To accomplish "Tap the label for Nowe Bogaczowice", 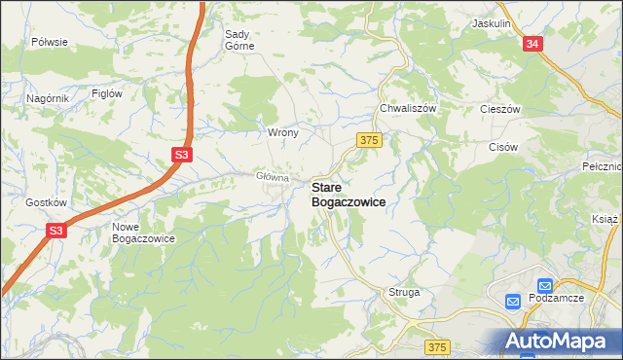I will [142, 232].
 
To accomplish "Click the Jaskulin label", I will [492, 22].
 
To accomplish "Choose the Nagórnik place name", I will [47, 98].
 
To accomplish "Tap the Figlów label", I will [106, 93].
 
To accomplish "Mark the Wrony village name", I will [282, 131].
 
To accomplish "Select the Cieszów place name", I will [502, 110].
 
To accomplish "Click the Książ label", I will [605, 220].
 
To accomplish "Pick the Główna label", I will [273, 177].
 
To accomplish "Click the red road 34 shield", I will [531, 45].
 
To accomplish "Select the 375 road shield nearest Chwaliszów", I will [367, 141].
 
